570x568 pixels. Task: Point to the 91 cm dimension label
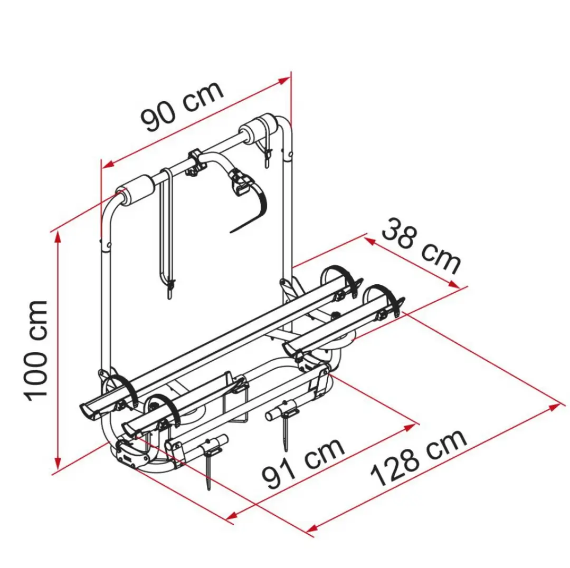click(x=303, y=464)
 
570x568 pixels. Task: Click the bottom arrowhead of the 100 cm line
click(x=58, y=463)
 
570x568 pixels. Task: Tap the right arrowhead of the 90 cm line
click(x=284, y=81)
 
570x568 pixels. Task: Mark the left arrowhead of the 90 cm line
click(x=108, y=165)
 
